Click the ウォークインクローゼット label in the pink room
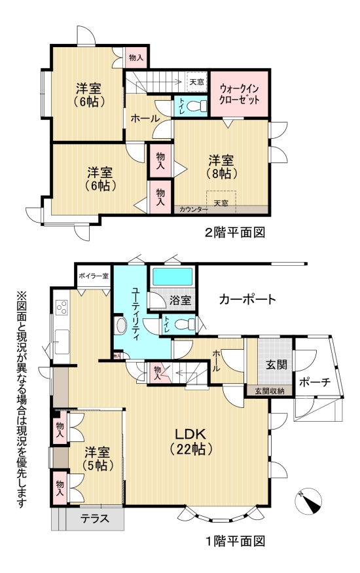pos(240,93)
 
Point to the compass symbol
pos(310,500)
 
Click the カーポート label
pos(247,300)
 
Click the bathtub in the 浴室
pos(172,277)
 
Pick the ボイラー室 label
pos(92,276)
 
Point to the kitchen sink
pos(63,338)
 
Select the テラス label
pos(94,519)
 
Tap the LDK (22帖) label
pos(190,441)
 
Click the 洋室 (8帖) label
pos(223,167)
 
